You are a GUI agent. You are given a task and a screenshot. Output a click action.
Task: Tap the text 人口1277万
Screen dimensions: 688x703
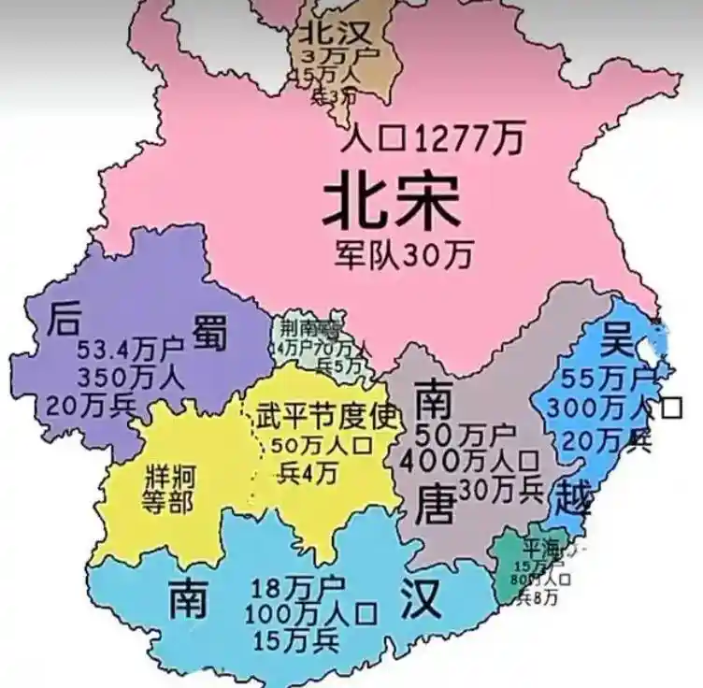[431, 140]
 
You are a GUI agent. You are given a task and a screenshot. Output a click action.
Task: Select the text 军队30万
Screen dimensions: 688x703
[405, 252]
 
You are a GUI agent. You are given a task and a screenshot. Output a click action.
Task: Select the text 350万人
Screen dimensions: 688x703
[131, 378]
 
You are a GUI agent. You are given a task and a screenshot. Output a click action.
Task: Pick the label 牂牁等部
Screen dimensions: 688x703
[168, 488]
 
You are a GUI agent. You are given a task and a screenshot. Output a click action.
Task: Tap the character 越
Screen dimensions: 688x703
[572, 495]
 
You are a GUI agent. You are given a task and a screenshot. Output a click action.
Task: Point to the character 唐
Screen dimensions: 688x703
[435, 506]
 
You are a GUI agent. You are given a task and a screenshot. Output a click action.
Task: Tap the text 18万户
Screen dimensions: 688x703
[297, 589]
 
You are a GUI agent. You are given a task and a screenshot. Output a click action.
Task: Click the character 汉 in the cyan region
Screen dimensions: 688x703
[422, 599]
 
